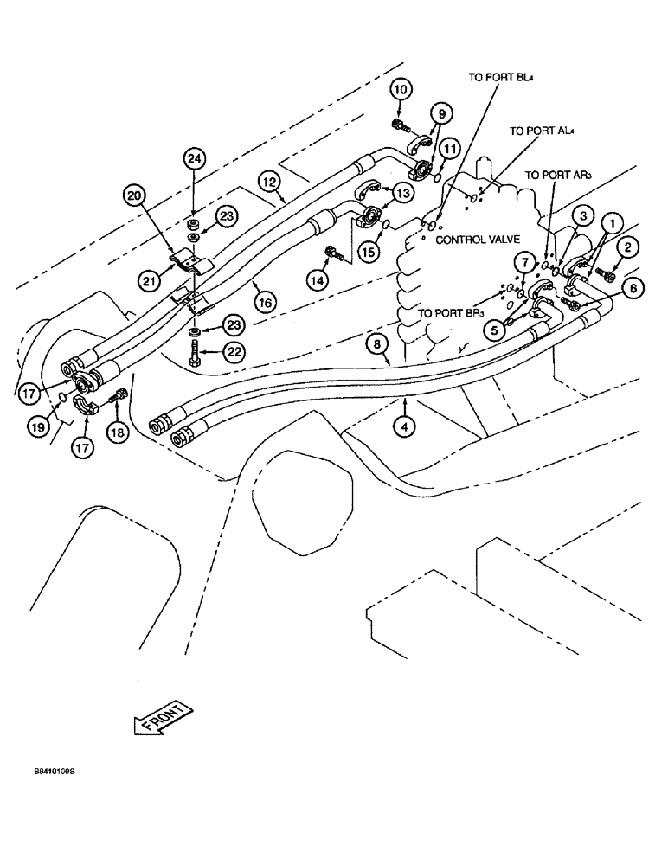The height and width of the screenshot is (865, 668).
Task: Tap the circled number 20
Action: (x=133, y=196)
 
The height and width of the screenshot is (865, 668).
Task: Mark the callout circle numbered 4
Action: (x=403, y=425)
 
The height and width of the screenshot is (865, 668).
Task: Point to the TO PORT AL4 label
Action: (x=543, y=131)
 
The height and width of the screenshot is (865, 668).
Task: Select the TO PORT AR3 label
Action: (x=558, y=175)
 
